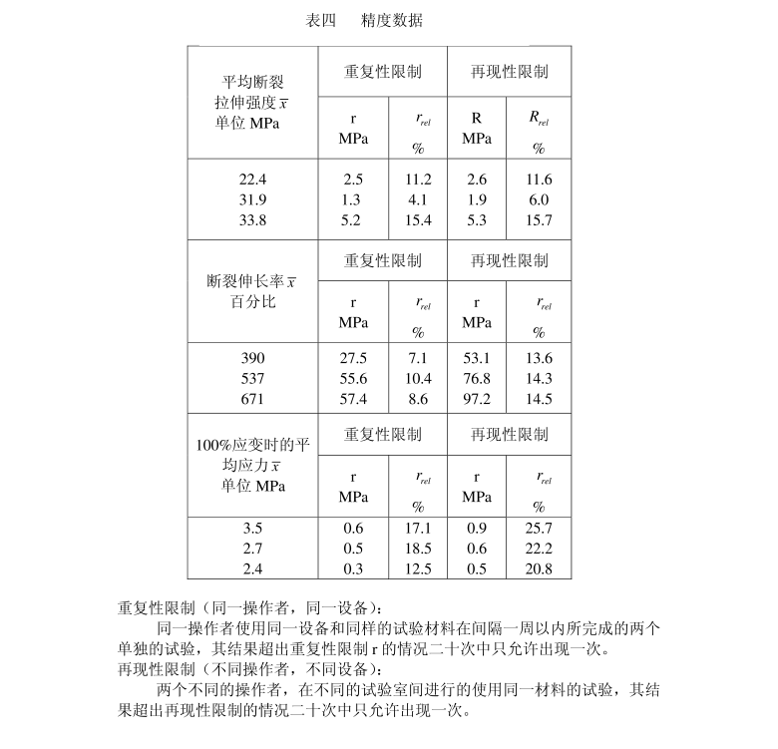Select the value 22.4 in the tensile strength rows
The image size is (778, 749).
[x=253, y=180]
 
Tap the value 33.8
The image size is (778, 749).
[x=253, y=220]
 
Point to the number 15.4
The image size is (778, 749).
[x=418, y=220]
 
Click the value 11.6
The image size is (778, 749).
[x=539, y=180]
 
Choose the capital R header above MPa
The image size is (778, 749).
[x=477, y=118]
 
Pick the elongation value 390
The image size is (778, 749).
[x=253, y=358]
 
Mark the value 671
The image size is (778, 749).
[x=253, y=399]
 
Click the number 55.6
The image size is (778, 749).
[x=353, y=379]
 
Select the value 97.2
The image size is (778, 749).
[x=478, y=399]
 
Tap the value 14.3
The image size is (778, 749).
[x=539, y=379]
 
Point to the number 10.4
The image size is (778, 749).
[x=418, y=379]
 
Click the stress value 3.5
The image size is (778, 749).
[x=253, y=528]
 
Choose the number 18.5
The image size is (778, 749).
[x=418, y=549]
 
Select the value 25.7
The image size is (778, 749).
[x=539, y=528]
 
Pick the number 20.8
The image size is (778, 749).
[x=539, y=569]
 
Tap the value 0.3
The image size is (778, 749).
[x=353, y=569]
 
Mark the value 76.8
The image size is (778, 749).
[x=478, y=379]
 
